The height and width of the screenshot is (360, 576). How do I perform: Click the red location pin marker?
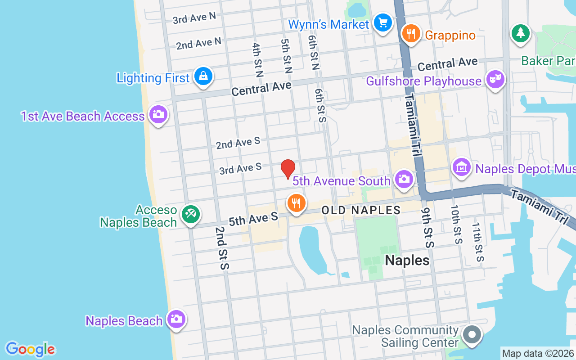click(x=288, y=168)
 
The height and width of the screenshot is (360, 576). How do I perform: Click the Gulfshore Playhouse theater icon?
click(x=495, y=80)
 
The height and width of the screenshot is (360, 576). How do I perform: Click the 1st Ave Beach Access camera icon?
click(x=158, y=114)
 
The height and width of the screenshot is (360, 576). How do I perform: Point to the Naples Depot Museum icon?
click(x=461, y=167)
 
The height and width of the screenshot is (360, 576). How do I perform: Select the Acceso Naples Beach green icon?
click(x=190, y=214)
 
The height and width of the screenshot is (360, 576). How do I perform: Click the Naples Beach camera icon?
click(x=176, y=319)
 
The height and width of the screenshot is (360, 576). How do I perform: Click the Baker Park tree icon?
click(x=521, y=33)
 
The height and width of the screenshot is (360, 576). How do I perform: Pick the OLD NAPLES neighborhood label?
click(x=361, y=210)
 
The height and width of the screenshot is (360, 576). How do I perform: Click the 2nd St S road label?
click(x=222, y=248)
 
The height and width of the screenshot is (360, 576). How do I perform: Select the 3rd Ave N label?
click(x=194, y=18)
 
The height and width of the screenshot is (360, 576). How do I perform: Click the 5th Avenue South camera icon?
click(x=404, y=179)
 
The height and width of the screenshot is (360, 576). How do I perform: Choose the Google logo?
click(x=30, y=349)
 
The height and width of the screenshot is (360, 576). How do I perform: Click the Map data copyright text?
click(x=538, y=353)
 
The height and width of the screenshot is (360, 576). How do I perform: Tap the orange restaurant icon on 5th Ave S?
click(x=296, y=203)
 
